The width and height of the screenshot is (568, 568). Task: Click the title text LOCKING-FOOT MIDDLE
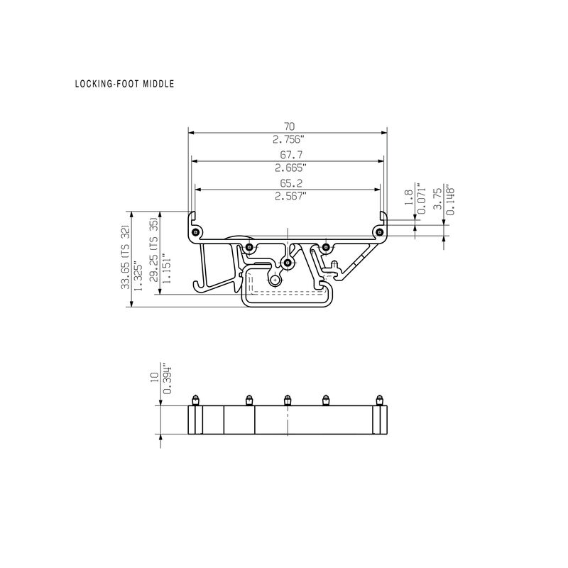(125, 84)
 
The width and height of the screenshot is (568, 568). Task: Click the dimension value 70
(289, 126)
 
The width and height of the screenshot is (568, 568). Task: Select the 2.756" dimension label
(289, 139)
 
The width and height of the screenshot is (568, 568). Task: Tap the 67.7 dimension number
(291, 155)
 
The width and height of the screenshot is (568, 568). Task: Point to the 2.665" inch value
(290, 168)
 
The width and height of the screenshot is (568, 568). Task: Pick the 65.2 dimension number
(291, 183)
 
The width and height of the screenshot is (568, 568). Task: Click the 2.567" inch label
(290, 196)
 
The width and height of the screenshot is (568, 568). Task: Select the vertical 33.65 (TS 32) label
(126, 257)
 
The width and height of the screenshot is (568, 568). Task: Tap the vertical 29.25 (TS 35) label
(154, 250)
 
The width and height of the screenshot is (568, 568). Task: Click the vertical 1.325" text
(138, 275)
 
